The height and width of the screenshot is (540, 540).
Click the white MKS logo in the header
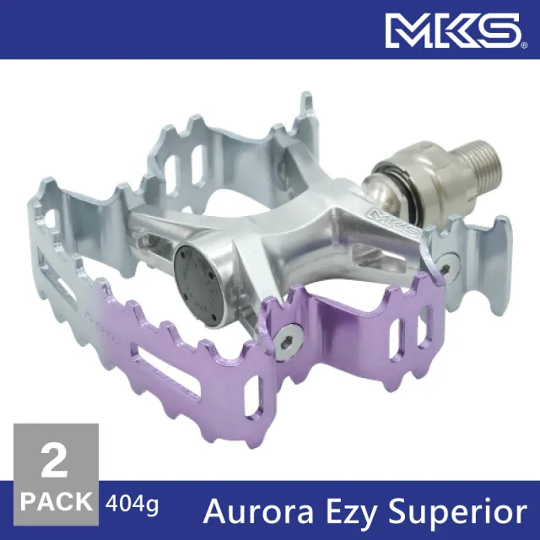(453, 30)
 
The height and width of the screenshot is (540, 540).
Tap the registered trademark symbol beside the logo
(524, 45)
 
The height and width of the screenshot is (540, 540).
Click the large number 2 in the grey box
(54, 460)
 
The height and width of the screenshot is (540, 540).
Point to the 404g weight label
(132, 505)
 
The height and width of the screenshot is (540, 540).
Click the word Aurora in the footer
(259, 511)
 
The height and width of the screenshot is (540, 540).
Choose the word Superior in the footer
(458, 513)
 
